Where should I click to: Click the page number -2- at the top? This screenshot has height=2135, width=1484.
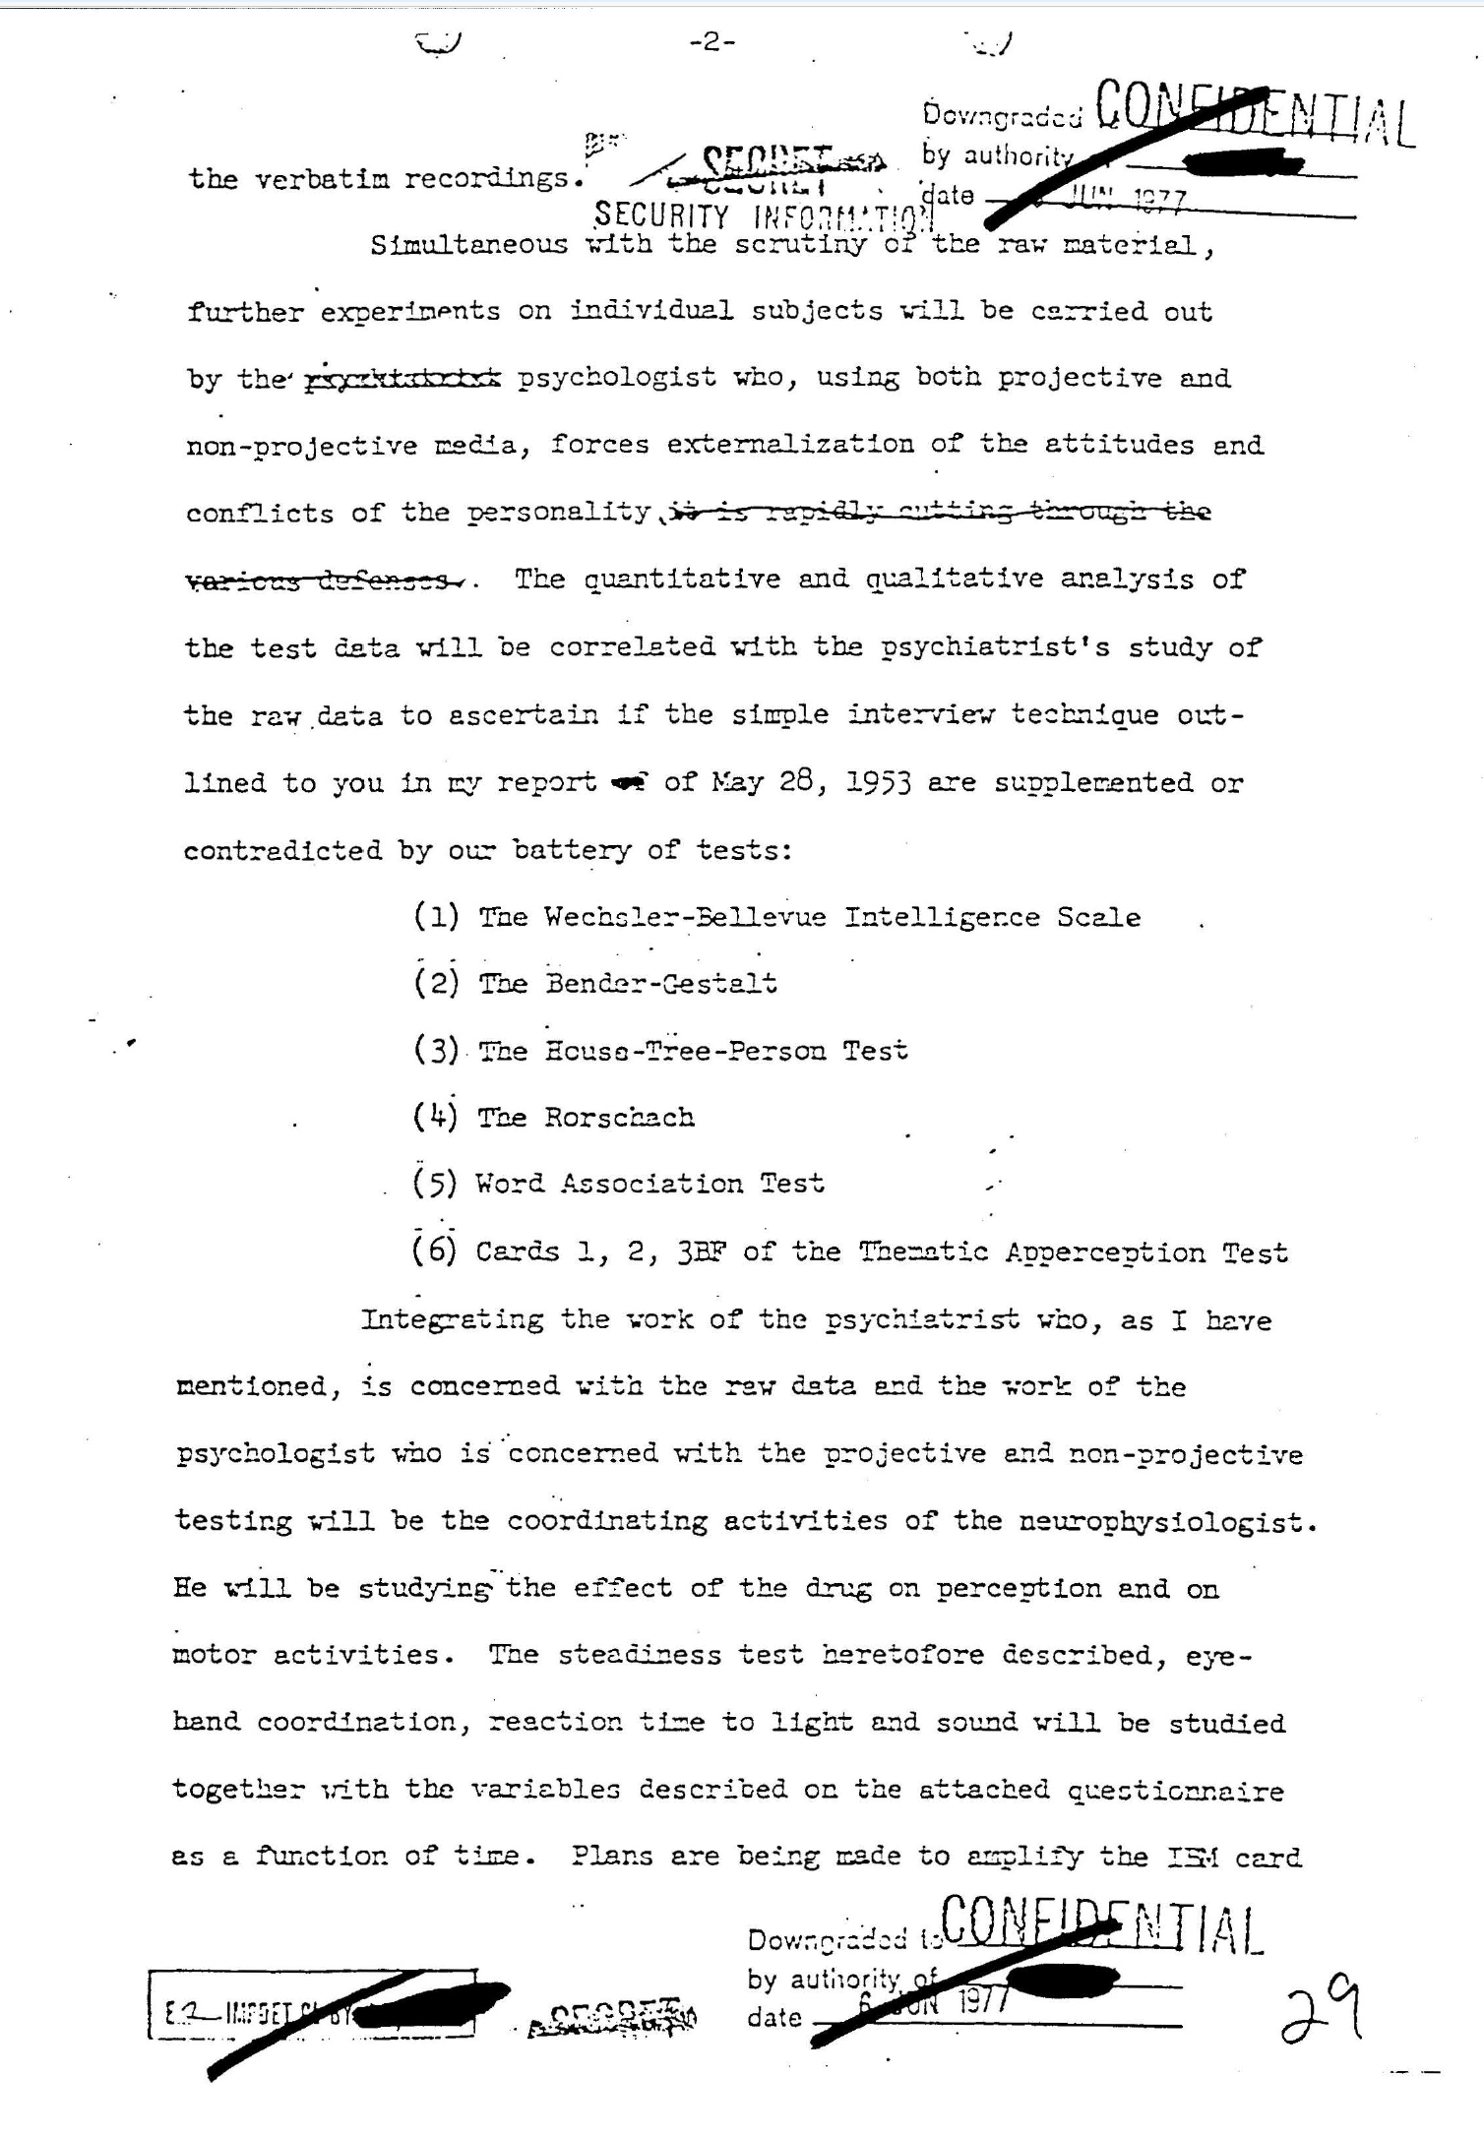(x=712, y=41)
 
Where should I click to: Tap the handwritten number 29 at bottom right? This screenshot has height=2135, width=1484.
(x=1322, y=2009)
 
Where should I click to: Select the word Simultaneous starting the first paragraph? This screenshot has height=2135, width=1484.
(x=468, y=244)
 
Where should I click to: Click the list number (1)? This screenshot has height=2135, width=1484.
(x=436, y=917)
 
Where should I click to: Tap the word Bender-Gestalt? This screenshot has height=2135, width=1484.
(x=661, y=983)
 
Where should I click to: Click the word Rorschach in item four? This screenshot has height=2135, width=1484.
(x=620, y=1118)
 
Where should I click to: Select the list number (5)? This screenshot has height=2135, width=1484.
(x=435, y=1183)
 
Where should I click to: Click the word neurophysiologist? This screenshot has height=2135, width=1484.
(x=1166, y=1522)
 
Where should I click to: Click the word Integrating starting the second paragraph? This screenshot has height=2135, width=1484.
(x=452, y=1319)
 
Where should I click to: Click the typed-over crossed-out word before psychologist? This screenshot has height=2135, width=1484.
(x=403, y=379)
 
